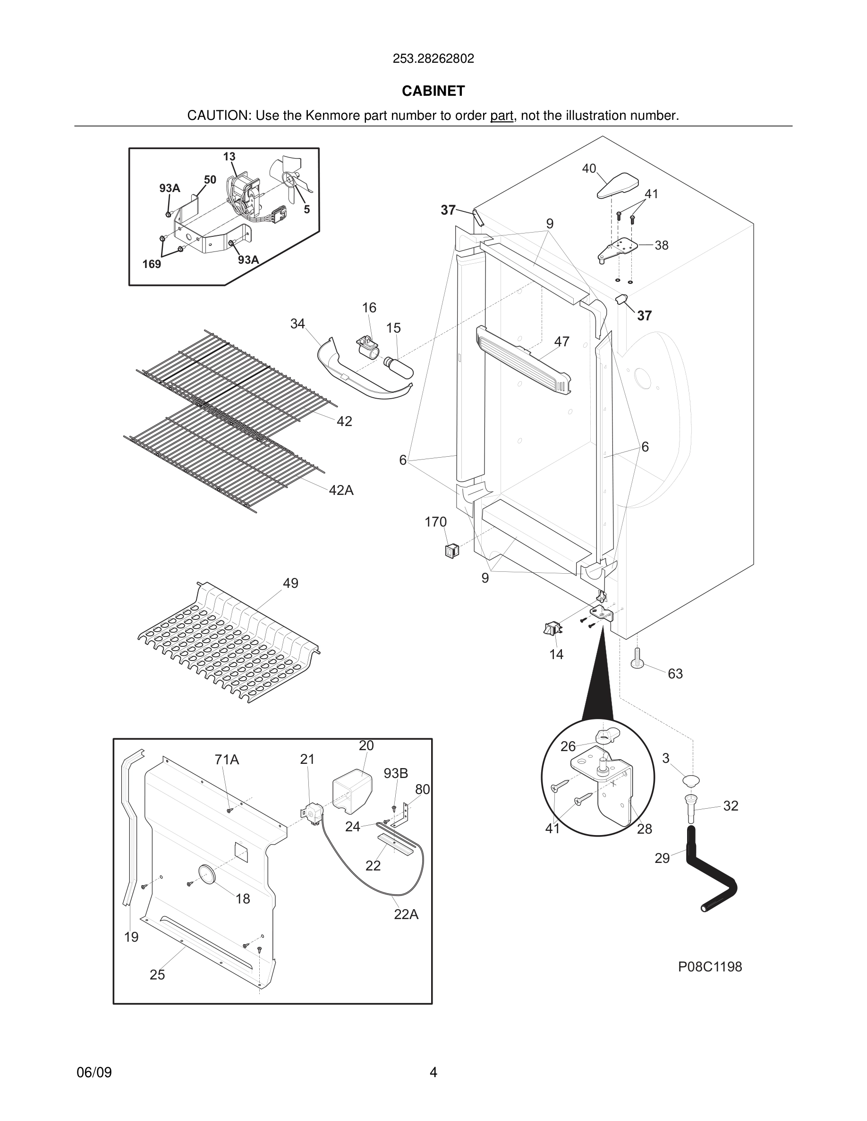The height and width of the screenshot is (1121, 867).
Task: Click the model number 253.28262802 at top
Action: (433, 59)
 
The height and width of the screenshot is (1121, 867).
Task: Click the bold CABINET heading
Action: (433, 91)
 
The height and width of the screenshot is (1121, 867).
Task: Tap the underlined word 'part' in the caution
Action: (501, 116)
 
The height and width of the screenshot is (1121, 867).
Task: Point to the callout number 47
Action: (561, 341)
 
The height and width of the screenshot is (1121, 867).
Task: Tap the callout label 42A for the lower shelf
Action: (341, 490)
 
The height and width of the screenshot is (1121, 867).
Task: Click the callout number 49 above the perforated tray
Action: (290, 583)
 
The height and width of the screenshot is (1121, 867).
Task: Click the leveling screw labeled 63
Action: (637, 659)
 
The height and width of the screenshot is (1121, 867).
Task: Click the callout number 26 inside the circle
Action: (568, 746)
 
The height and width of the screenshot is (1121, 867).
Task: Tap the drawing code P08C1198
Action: (710, 967)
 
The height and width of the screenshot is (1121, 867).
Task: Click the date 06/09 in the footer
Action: (94, 1072)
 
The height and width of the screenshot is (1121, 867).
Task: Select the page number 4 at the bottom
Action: (433, 1072)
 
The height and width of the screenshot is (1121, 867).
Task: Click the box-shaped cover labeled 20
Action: (352, 793)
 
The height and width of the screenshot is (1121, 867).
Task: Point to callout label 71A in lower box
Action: (227, 759)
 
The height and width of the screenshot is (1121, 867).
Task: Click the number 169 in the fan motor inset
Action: (152, 264)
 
